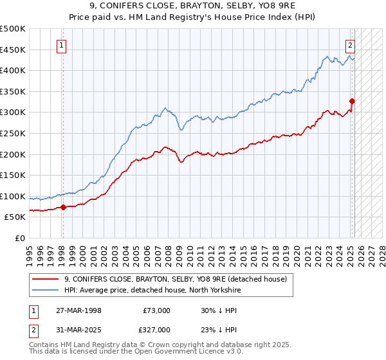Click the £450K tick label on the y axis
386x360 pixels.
13,50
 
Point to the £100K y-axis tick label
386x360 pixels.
13,196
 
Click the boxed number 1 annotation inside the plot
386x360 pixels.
62,45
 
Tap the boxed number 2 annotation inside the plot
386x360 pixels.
351,45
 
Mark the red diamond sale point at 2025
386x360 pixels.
353,101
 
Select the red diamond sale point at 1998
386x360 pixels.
63,207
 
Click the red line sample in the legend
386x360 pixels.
46,278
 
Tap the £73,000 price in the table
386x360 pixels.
156,310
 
